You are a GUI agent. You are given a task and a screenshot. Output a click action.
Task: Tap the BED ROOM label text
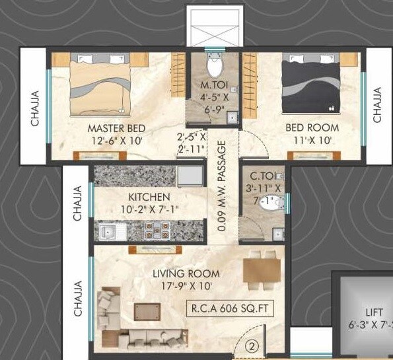click(x=312, y=127)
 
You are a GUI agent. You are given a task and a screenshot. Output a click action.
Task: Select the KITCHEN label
click(x=149, y=197)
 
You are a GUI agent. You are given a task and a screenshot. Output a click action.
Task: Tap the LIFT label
click(x=374, y=312)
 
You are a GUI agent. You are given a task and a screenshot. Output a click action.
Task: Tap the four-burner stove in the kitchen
click(x=157, y=231)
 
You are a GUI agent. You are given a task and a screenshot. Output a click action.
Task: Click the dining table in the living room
click(x=258, y=270)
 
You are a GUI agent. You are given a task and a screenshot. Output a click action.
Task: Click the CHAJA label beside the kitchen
click(x=77, y=203)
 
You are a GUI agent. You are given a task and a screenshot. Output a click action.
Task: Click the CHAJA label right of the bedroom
click(x=377, y=105)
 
